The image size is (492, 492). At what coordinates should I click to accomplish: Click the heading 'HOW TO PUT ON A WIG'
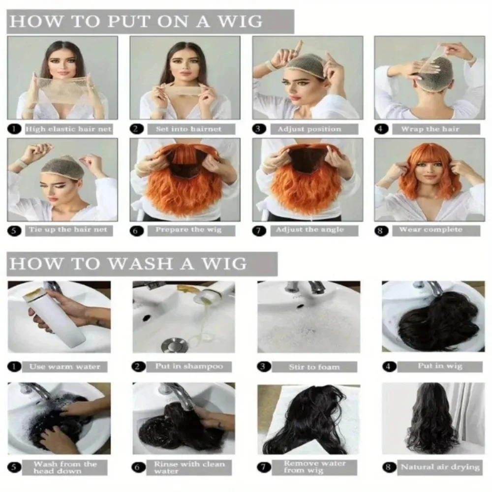tap(135, 21)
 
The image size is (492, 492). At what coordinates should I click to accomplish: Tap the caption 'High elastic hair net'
tap(68, 129)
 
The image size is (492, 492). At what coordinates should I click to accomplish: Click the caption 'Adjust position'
tap(309, 129)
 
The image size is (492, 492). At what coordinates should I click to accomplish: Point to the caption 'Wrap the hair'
tap(430, 129)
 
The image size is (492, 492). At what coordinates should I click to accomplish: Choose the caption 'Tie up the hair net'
tap(67, 230)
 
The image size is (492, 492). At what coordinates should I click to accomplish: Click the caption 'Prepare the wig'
tap(188, 230)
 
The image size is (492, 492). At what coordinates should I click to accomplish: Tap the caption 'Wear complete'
tap(430, 230)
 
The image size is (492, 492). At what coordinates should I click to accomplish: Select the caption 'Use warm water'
tap(64, 367)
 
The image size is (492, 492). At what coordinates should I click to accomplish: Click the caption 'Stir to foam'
tap(314, 367)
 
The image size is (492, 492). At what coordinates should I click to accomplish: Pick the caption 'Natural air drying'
tap(439, 467)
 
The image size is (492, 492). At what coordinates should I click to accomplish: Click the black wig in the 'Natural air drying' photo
tap(431, 423)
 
